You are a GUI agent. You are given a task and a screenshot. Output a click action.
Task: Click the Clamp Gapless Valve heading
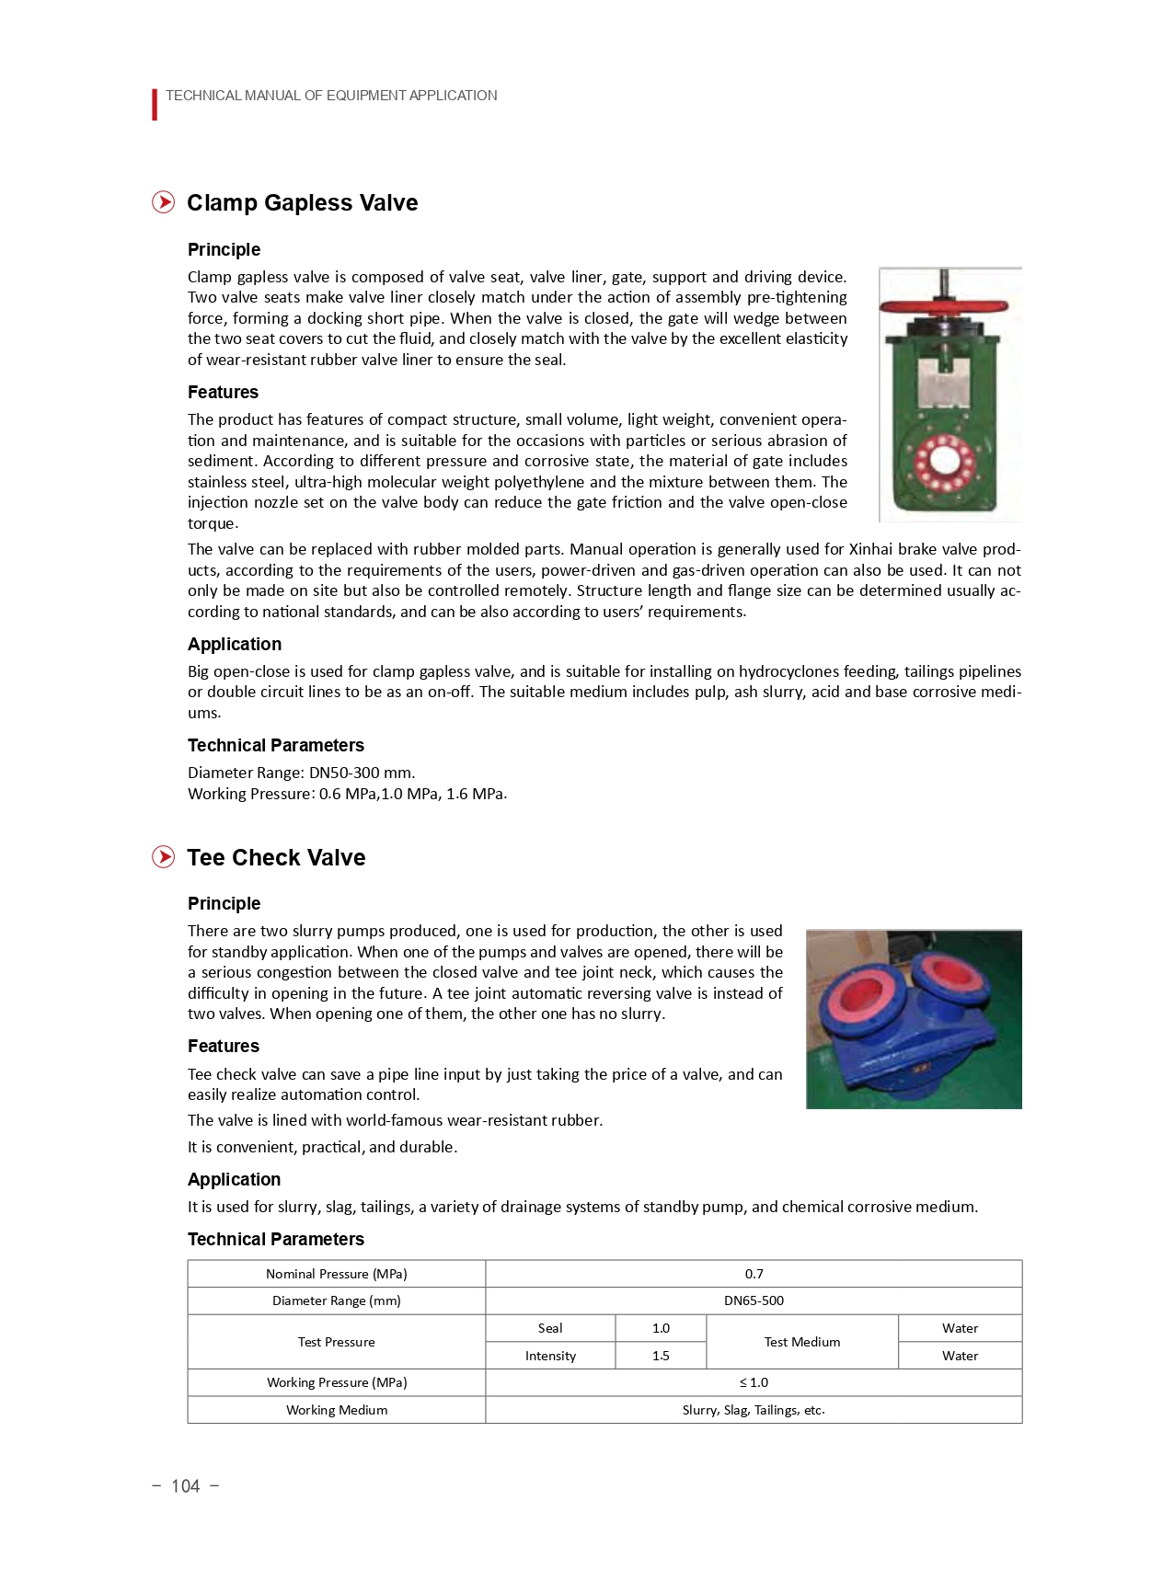(x=302, y=203)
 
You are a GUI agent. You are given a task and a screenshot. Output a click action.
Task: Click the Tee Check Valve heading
(x=276, y=858)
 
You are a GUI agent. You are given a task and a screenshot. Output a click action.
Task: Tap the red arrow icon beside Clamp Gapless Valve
(x=164, y=202)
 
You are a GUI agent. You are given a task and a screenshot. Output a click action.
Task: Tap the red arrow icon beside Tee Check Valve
(x=164, y=857)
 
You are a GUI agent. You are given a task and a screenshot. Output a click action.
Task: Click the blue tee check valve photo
(x=913, y=1019)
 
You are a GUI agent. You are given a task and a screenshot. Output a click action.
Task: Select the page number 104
(x=185, y=1486)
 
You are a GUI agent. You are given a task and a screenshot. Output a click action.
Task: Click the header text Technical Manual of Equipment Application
(x=331, y=96)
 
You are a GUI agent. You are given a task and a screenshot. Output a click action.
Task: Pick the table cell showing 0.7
(x=754, y=1274)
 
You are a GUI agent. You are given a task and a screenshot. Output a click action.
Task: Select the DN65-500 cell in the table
(x=754, y=1300)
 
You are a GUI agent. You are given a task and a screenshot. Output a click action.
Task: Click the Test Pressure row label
(x=336, y=1342)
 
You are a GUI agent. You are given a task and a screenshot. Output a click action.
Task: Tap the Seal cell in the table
(x=550, y=1328)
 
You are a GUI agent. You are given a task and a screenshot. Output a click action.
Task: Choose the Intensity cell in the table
(x=550, y=1356)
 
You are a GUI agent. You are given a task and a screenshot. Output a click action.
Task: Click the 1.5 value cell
(x=661, y=1356)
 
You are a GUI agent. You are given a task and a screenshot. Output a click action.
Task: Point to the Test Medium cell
(x=801, y=1342)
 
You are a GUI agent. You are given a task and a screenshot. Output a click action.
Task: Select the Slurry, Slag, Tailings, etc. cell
(x=754, y=1410)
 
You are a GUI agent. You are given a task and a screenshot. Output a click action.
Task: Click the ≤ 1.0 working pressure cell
(x=754, y=1382)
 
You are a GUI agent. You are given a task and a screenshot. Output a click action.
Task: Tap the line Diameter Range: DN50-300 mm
(x=301, y=773)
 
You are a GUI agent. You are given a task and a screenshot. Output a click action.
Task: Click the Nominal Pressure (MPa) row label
(x=336, y=1274)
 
